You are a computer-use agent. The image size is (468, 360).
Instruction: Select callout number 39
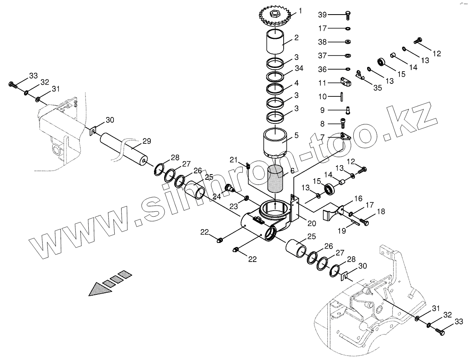point(323,15)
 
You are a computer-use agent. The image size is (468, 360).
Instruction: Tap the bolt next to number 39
point(347,15)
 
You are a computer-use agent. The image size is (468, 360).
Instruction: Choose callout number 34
point(299,69)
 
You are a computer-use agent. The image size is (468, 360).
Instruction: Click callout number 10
point(323,97)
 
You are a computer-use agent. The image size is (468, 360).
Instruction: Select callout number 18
point(380,211)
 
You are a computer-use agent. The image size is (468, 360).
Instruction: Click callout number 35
point(378,87)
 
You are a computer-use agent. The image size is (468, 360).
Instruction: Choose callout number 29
point(146,141)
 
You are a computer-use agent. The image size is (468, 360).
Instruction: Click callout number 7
point(323,137)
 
